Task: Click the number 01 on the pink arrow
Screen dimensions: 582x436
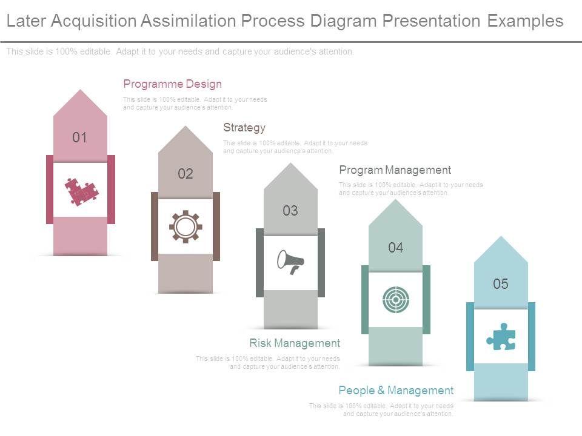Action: pos(80,137)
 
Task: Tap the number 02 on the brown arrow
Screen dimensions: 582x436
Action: pos(186,174)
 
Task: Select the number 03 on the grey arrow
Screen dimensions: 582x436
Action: pos(290,211)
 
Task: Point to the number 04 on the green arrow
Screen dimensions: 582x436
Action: pos(396,247)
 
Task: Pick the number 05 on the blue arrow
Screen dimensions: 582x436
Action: pos(501,283)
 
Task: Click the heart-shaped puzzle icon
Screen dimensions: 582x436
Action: pos(81,191)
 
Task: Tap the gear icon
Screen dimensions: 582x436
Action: pos(186,226)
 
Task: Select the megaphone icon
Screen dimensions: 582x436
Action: pos(290,262)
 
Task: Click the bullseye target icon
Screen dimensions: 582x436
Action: pos(396,299)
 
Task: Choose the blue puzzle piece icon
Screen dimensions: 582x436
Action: pos(501,337)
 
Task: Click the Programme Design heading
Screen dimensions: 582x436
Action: pos(173,84)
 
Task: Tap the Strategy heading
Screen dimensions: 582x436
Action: pos(244,128)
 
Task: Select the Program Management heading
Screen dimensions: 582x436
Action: pos(395,170)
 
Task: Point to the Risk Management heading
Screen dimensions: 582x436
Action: pos(295,343)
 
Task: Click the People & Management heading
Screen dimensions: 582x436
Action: pos(396,391)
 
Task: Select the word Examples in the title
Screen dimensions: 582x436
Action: pos(525,21)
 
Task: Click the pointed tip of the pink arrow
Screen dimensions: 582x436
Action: pos(80,91)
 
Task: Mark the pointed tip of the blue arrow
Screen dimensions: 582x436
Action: pos(501,237)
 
